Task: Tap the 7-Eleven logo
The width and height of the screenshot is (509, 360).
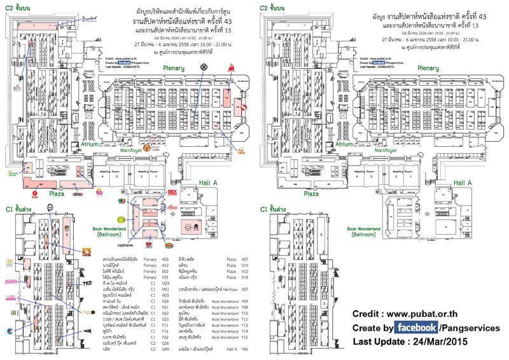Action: coord(9,331)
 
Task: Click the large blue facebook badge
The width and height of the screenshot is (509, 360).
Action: coord(416,328)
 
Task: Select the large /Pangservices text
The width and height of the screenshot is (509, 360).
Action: coord(470,328)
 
